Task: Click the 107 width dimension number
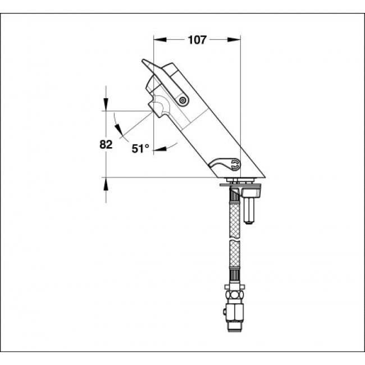[197, 40]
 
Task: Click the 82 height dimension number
[106, 144]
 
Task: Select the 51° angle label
[140, 149]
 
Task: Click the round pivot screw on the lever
[183, 100]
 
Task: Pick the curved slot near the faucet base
[224, 165]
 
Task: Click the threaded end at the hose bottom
[234, 325]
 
